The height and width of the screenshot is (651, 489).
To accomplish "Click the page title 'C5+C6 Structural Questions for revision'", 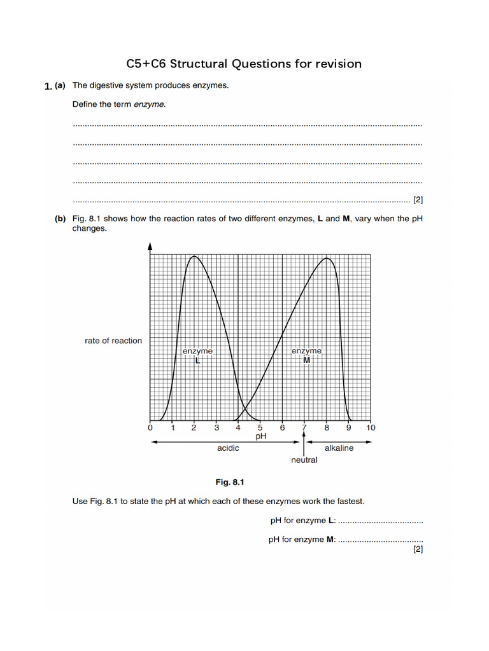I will [244, 64].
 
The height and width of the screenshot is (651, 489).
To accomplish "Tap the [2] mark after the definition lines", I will [418, 200].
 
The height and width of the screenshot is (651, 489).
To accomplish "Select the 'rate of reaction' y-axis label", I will [113, 341].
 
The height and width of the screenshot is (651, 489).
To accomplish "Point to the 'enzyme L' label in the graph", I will [197, 355].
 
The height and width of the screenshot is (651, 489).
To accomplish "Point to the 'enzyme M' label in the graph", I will [306, 355].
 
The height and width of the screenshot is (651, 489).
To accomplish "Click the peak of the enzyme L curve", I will [194, 256].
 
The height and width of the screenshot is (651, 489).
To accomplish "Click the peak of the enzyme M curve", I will [327, 258].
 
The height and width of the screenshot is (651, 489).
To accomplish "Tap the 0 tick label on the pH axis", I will [150, 428].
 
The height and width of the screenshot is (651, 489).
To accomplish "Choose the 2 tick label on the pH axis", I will [194, 428].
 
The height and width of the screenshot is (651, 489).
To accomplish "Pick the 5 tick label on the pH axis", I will [260, 428].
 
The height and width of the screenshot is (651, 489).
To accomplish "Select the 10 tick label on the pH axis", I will [371, 428].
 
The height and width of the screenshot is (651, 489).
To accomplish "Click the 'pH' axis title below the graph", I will [260, 437].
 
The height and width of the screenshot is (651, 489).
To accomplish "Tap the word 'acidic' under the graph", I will [228, 448].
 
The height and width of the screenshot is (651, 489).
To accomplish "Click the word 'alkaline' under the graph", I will [339, 448].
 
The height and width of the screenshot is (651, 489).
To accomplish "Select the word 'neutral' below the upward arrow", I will [304, 460].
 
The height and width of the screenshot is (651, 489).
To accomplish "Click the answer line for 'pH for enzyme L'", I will [380, 522].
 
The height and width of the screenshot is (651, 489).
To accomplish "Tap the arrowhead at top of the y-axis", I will [150, 246].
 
